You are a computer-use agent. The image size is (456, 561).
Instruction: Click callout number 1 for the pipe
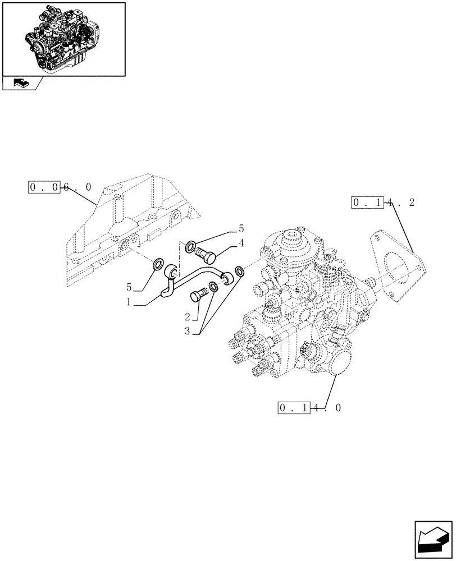coord(129,302)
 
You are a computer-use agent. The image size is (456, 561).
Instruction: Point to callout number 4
coord(241,243)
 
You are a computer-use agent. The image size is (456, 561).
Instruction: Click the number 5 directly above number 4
coord(241,228)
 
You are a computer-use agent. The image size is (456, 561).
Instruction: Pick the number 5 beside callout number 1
coord(129,287)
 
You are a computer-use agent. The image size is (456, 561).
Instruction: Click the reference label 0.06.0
coord(60,187)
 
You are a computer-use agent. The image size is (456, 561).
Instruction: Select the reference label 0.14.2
coord(383,203)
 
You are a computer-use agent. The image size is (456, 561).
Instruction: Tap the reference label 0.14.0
coord(309,408)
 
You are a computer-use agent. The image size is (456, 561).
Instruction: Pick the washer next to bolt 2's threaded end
coord(213,288)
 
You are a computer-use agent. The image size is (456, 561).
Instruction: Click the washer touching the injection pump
coord(239,272)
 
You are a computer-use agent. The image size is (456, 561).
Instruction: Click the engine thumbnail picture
coord(64,38)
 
